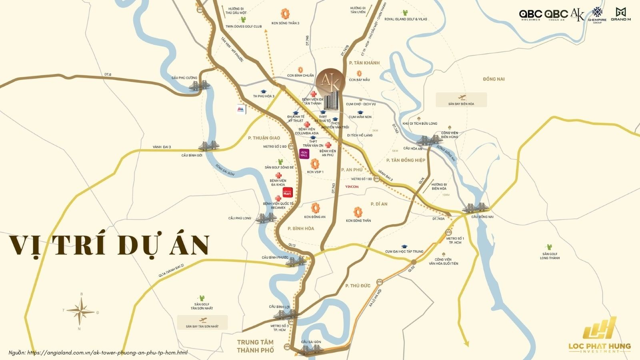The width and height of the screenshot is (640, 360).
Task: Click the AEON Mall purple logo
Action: tap(304, 154)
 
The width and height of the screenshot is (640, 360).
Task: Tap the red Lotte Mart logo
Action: tap(288, 192)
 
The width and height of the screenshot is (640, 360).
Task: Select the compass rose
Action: tap(80, 311)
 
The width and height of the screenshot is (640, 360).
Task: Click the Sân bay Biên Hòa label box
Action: tap(461, 100)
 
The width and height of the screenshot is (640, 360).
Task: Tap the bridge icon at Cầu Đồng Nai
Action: tap(476, 208)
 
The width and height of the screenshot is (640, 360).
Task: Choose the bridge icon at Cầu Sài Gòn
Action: tap(311, 350)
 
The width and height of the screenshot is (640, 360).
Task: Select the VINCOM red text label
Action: tap(352, 187)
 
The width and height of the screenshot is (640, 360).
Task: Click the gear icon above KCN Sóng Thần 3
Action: tap(285, 14)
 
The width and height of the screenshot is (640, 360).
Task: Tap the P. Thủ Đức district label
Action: tap(358, 286)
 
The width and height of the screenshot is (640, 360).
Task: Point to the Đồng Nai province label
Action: tap(494, 79)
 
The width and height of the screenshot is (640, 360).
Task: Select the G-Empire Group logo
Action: tap(597, 15)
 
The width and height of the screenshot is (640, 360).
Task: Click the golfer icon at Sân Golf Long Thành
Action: tap(550, 247)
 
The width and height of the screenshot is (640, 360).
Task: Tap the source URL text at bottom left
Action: tap(98, 352)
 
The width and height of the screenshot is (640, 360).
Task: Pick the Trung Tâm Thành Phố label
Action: tap(255, 346)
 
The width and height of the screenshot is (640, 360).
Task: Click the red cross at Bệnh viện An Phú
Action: tap(328, 145)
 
